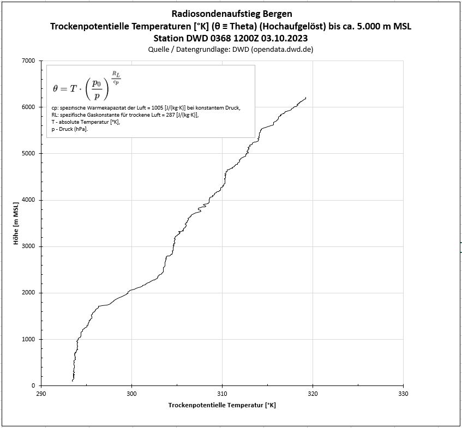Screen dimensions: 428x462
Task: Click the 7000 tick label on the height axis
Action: point(27,61)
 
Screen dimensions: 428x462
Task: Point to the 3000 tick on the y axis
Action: point(27,246)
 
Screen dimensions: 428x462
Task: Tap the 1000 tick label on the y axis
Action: point(27,339)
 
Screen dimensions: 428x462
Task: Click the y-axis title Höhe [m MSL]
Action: point(16,224)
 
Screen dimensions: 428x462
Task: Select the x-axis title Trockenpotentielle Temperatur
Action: point(222,405)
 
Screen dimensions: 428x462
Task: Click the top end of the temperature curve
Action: point(306,98)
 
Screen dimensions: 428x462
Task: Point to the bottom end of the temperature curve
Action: point(73,380)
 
